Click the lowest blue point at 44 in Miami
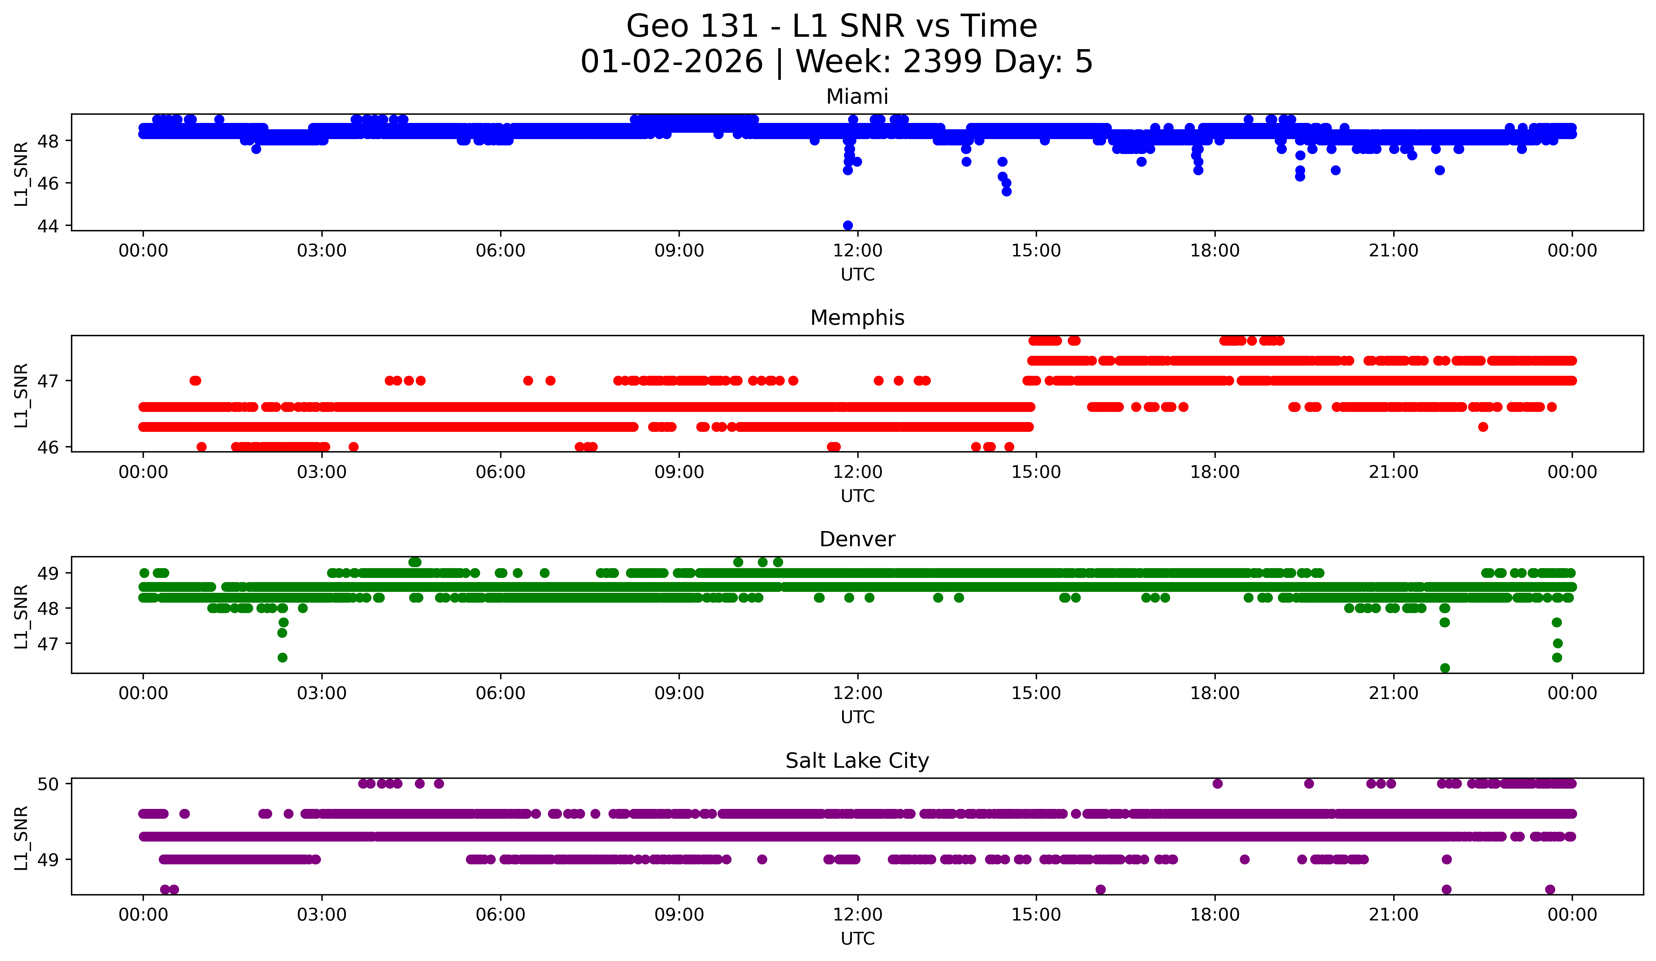tap(848, 225)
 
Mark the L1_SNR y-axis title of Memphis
tap(21, 395)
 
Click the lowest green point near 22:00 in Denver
tap(1444, 668)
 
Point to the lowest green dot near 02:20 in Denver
tap(283, 657)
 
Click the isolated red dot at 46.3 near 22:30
tap(1483, 427)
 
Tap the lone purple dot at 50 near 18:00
tap(1217, 784)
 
